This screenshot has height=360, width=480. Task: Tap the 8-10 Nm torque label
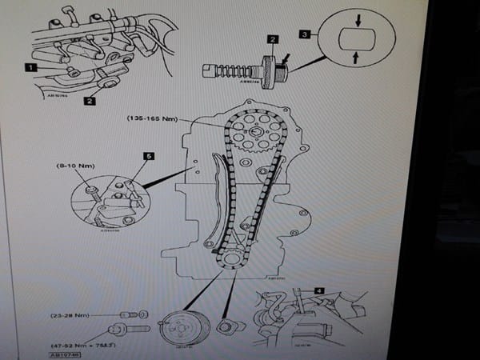click(75, 166)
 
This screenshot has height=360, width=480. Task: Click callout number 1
click(30, 70)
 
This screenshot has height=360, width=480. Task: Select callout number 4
click(318, 290)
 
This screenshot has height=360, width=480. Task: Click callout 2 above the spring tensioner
click(273, 39)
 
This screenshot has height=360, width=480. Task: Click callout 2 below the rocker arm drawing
click(90, 102)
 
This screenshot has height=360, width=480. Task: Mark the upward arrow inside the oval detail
click(354, 58)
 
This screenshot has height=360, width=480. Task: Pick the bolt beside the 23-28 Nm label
click(131, 314)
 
